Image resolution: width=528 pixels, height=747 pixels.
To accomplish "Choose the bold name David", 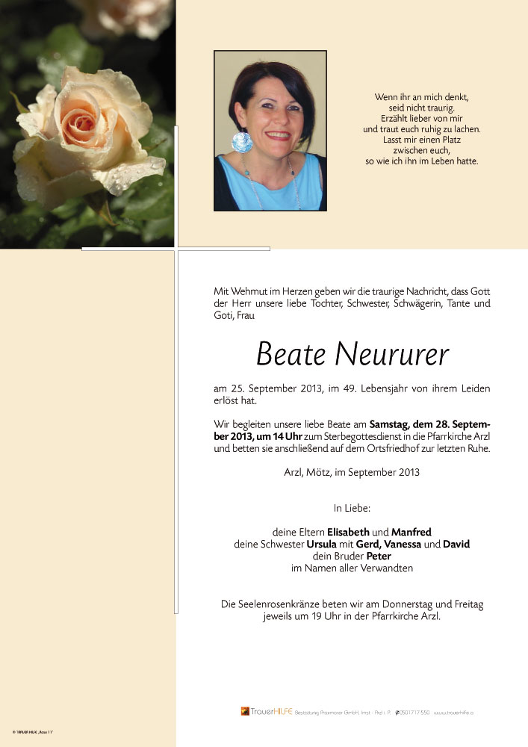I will point(456,544).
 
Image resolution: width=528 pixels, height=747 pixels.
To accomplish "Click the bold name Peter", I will point(378,556).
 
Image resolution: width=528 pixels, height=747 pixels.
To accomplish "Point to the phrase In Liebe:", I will point(352,508).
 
